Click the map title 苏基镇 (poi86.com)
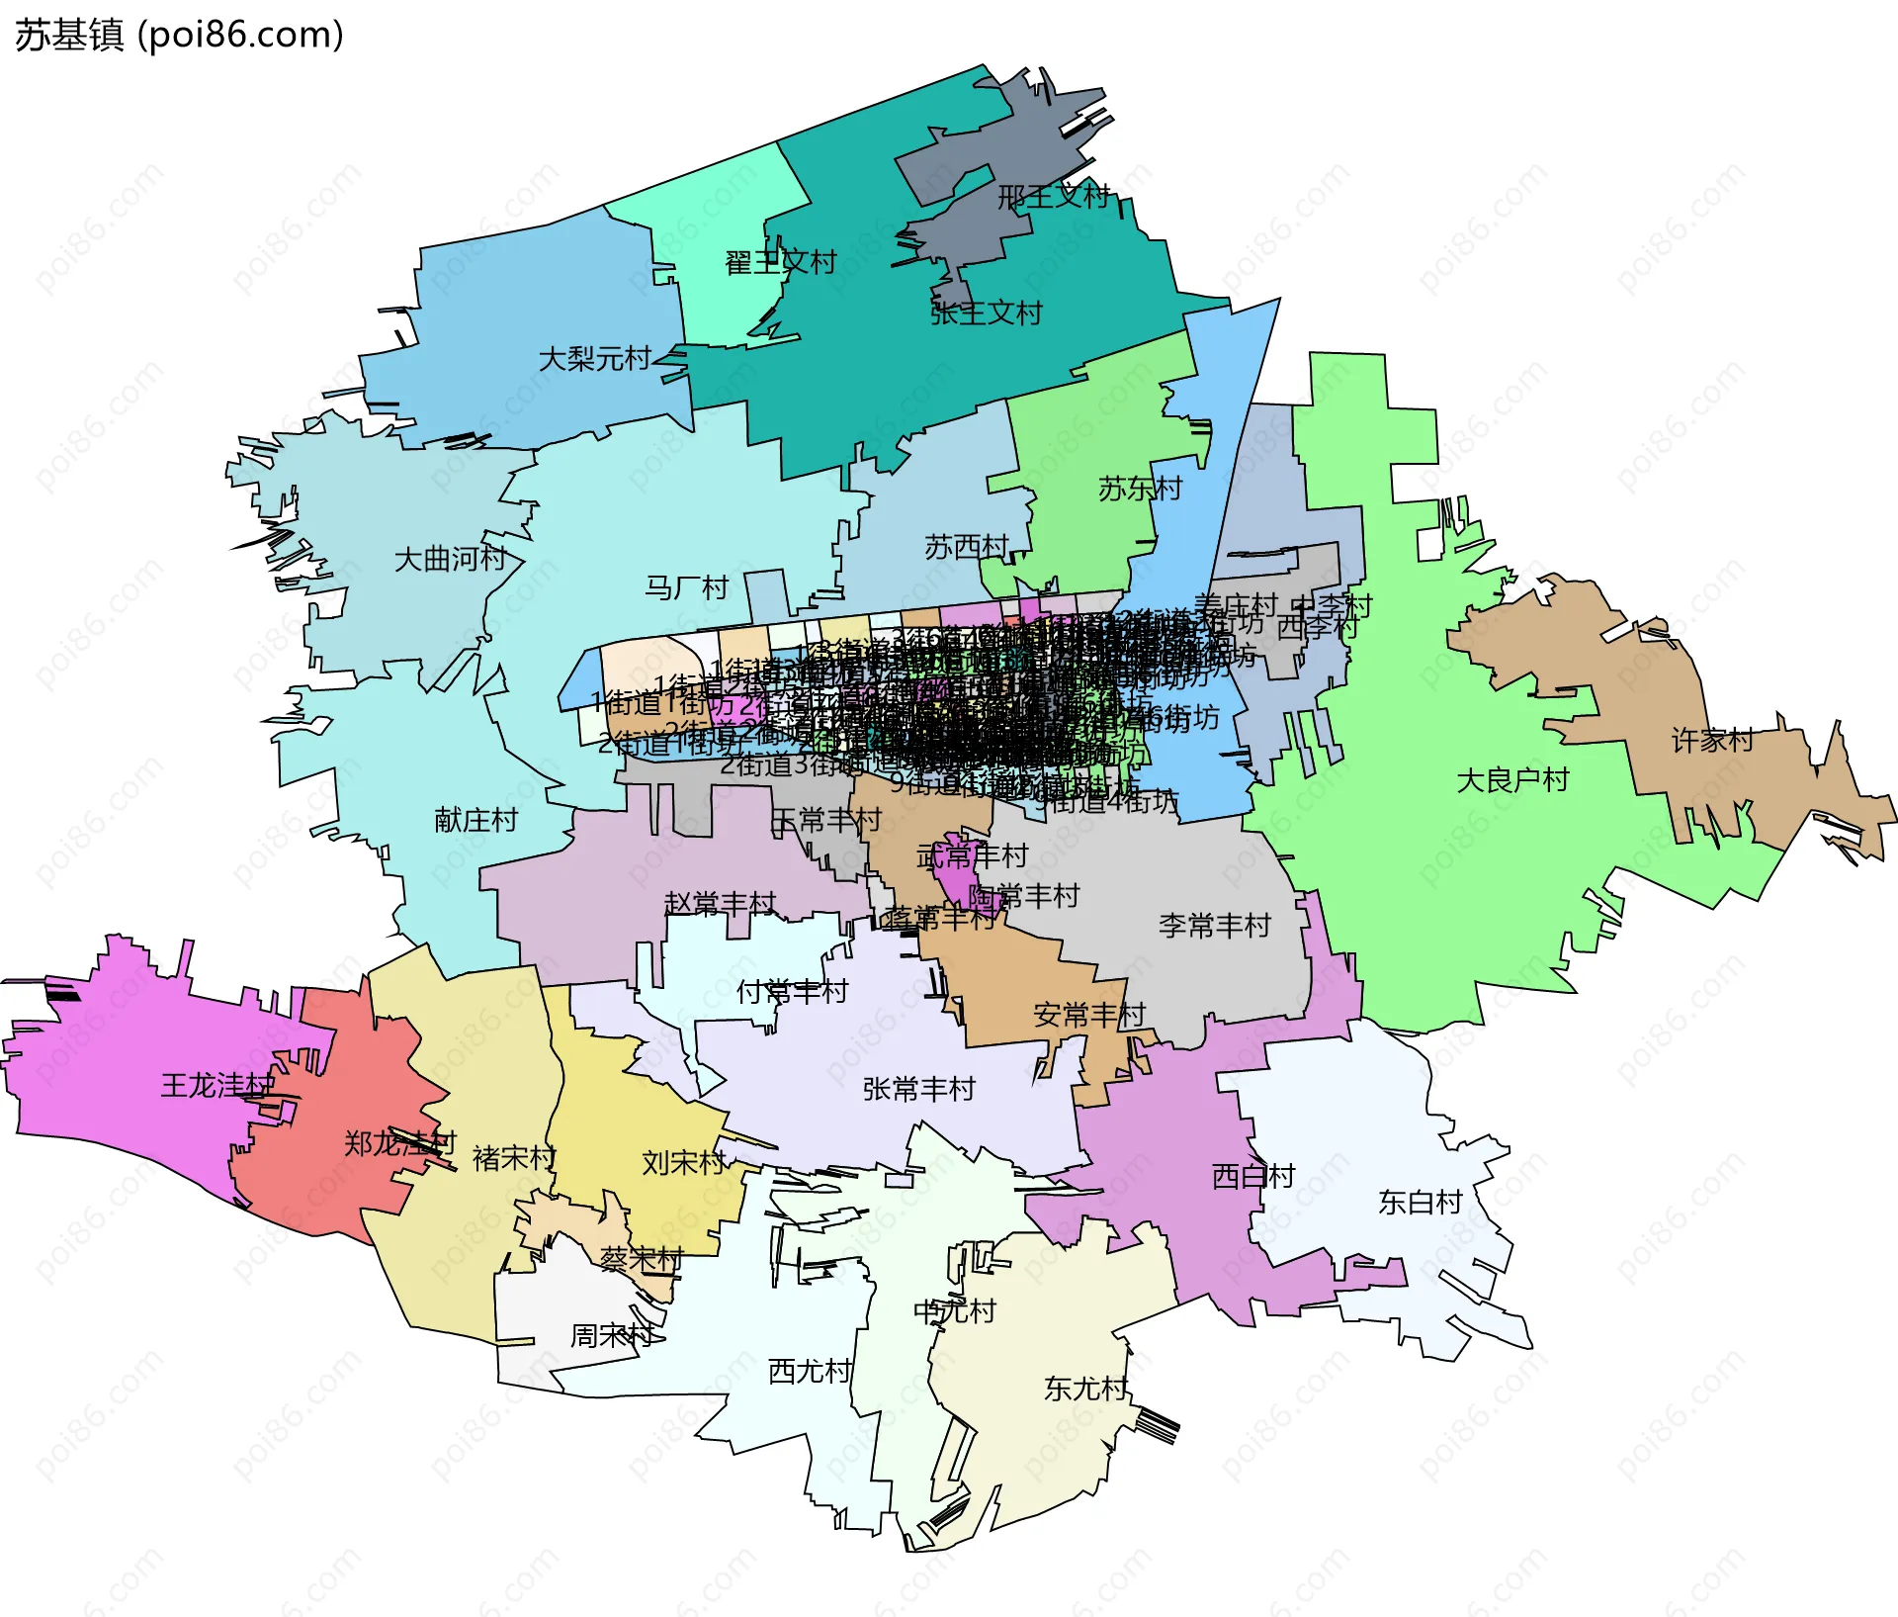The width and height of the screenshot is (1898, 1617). [179, 36]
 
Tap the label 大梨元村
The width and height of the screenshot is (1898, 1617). [594, 358]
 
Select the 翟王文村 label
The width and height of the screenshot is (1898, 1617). [781, 262]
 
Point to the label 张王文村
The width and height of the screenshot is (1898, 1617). [986, 314]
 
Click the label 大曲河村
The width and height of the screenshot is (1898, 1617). [450, 559]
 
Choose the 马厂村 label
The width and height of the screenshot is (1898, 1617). [686, 588]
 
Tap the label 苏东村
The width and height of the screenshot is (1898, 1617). [1140, 488]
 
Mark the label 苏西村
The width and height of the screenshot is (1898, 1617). [966, 547]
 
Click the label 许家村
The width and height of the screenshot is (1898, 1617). [1712, 740]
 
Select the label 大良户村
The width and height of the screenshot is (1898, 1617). [1512, 780]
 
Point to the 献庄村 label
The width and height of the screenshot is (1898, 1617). [475, 820]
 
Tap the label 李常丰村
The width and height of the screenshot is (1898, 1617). [1214, 926]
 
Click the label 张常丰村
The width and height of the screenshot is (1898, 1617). [918, 1089]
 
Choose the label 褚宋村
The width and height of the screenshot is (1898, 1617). [514, 1158]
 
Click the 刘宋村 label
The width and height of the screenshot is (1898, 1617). [683, 1162]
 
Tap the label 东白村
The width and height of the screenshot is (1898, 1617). [1420, 1202]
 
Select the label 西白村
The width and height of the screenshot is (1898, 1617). [1252, 1176]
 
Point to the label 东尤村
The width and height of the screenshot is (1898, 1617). [1085, 1389]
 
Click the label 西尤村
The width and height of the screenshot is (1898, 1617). [810, 1371]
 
